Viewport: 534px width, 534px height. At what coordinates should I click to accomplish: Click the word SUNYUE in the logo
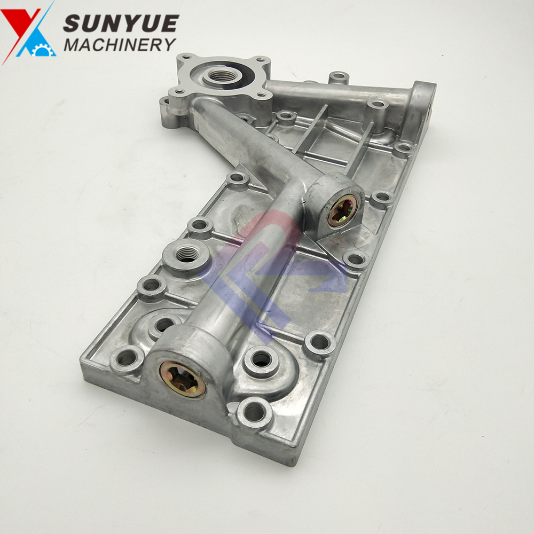coord(121,23)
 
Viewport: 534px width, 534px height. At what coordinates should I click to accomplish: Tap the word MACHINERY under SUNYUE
coord(120,45)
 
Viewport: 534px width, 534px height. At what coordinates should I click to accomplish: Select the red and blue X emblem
coord(28,33)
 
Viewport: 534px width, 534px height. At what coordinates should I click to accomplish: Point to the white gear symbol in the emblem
coord(43,50)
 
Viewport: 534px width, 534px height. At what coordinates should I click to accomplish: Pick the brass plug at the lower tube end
coord(183,379)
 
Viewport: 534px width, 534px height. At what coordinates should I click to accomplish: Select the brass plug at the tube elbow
coord(343,211)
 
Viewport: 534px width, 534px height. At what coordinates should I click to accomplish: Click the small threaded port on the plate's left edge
coord(186,254)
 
